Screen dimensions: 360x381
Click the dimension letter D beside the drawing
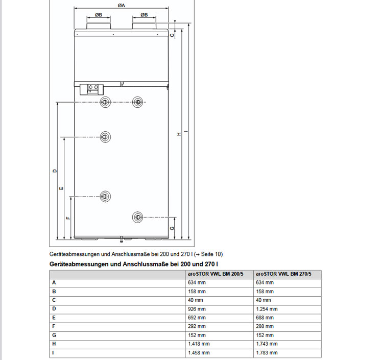pyautogui.click(x=55, y=171)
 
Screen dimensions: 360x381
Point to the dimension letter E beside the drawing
pyautogui.click(x=61, y=188)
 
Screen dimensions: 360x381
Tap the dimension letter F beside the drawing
pyautogui.click(x=67, y=218)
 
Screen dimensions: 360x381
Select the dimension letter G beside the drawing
pyautogui.click(x=173, y=228)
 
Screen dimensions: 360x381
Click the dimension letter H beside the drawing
pyautogui.click(x=179, y=134)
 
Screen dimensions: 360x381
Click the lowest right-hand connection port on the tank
pyautogui.click(x=138, y=217)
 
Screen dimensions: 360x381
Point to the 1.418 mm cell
pyautogui.click(x=199, y=344)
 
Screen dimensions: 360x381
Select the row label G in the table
pyautogui.click(x=54, y=335)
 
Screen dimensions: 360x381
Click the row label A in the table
pyautogui.click(x=54, y=282)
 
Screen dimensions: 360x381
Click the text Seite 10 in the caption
pyautogui.click(x=211, y=254)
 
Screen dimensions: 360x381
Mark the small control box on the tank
pyautogui.click(x=93, y=88)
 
